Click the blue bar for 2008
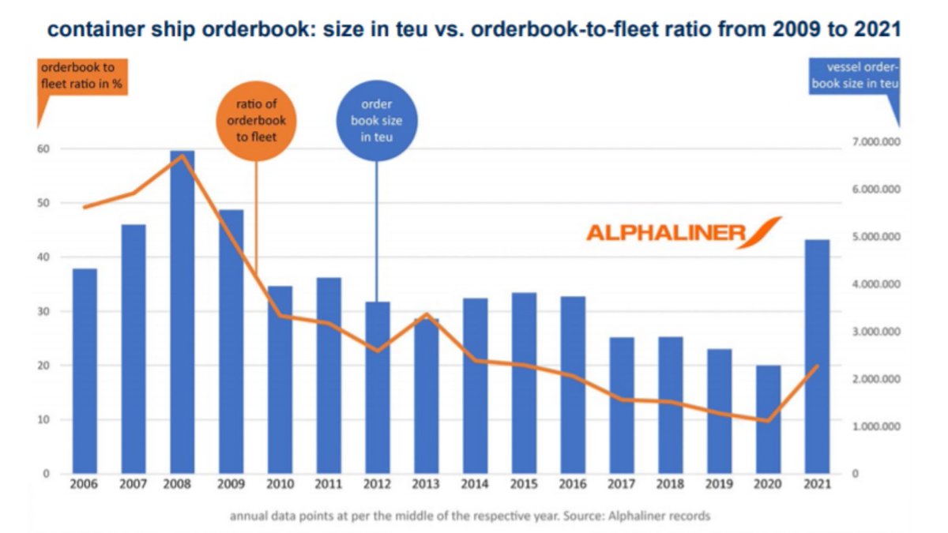[182, 316]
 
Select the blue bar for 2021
[818, 355]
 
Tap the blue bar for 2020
[769, 419]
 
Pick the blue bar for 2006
[85, 371]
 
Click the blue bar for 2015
[525, 383]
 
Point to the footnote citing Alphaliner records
[469, 516]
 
